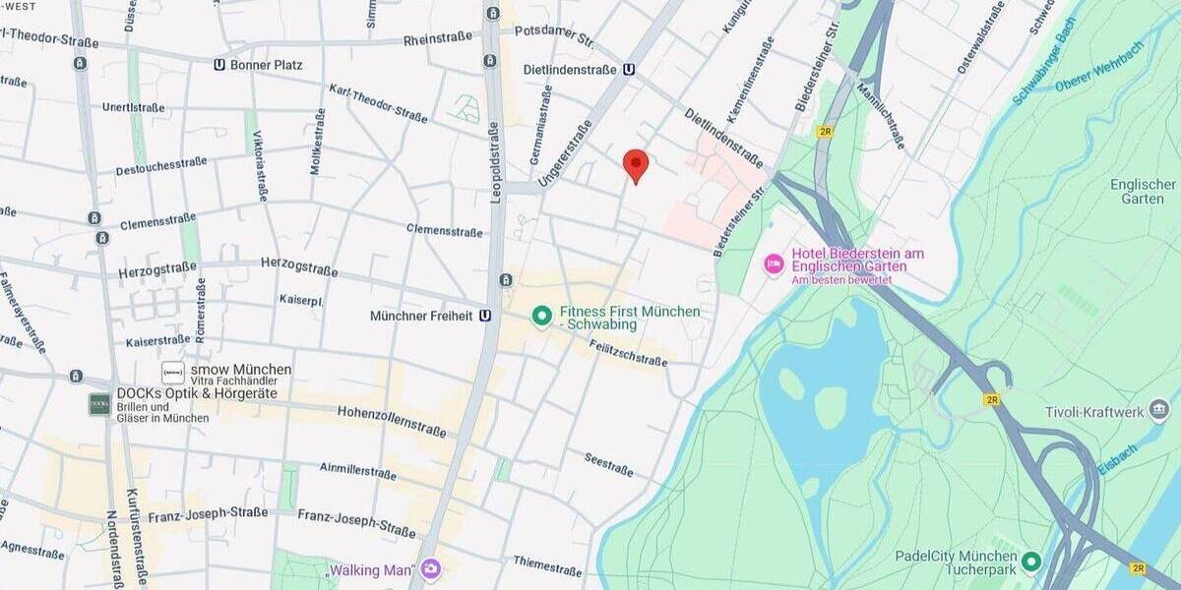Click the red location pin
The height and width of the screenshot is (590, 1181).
click(x=636, y=165)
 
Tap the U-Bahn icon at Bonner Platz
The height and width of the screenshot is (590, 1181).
click(x=218, y=65)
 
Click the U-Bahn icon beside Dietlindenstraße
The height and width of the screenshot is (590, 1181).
click(x=629, y=70)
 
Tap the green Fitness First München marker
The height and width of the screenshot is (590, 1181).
click(x=540, y=316)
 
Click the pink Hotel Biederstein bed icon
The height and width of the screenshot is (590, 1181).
click(x=775, y=264)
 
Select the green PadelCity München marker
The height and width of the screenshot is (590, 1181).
click(x=1030, y=561)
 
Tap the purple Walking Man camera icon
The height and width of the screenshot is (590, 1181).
click(x=430, y=569)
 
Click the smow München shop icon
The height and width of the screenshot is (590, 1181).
click(x=173, y=372)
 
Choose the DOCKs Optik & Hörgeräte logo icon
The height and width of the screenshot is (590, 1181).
click(x=99, y=404)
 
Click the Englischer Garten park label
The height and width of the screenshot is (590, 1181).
click(x=1143, y=192)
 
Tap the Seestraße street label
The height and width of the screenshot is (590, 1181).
click(x=608, y=463)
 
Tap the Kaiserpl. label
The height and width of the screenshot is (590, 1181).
click(x=301, y=298)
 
